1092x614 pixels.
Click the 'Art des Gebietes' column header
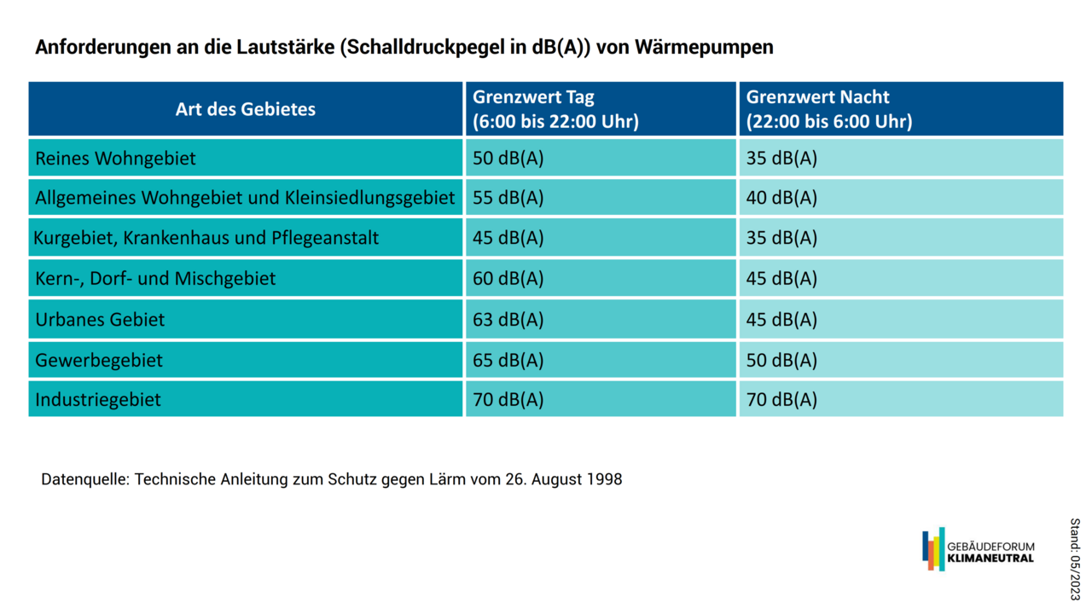pyautogui.click(x=246, y=109)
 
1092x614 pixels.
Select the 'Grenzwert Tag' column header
pyautogui.click(x=555, y=109)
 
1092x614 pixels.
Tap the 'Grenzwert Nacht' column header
pyautogui.click(x=828, y=109)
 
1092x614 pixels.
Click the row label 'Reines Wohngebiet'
pyautogui.click(x=115, y=159)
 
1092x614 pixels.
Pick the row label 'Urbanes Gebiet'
pyautogui.click(x=100, y=320)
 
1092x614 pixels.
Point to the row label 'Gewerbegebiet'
pyautogui.click(x=99, y=360)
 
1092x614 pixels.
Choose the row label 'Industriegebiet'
pyautogui.click(x=98, y=400)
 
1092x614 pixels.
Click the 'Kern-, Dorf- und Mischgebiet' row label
pyautogui.click(x=155, y=279)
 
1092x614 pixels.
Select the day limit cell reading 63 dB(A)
pyautogui.click(x=508, y=320)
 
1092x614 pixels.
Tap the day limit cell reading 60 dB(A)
pyautogui.click(x=508, y=279)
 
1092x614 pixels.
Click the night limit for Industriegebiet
pyautogui.click(x=781, y=400)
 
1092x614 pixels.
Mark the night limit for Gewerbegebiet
pyautogui.click(x=781, y=360)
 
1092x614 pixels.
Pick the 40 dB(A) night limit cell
pyautogui.click(x=781, y=198)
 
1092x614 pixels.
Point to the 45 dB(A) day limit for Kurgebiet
pyautogui.click(x=508, y=238)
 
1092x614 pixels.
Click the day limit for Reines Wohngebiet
pyautogui.click(x=508, y=159)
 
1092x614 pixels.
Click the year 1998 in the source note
pyautogui.click(x=604, y=479)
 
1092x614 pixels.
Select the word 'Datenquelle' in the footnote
pyautogui.click(x=84, y=479)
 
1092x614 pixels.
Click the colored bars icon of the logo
pyautogui.click(x=933, y=549)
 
